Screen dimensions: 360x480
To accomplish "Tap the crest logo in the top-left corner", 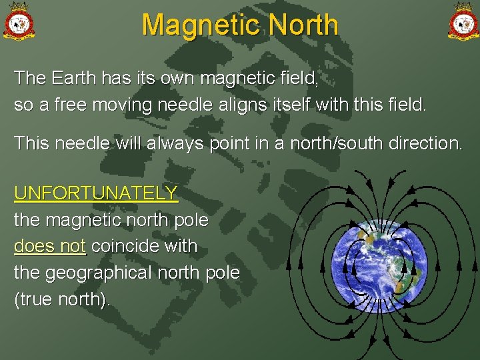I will (x=19, y=21).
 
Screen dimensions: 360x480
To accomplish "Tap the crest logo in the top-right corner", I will (x=462, y=21).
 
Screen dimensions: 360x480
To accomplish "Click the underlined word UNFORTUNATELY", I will (x=96, y=193).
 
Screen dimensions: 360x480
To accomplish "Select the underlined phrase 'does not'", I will (x=50, y=246).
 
